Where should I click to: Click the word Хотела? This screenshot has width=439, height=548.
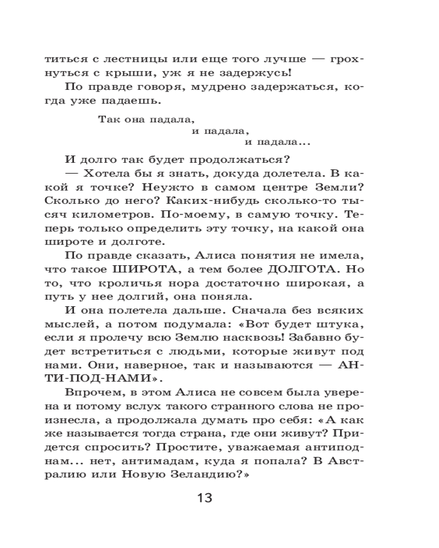pyautogui.click(x=107, y=175)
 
